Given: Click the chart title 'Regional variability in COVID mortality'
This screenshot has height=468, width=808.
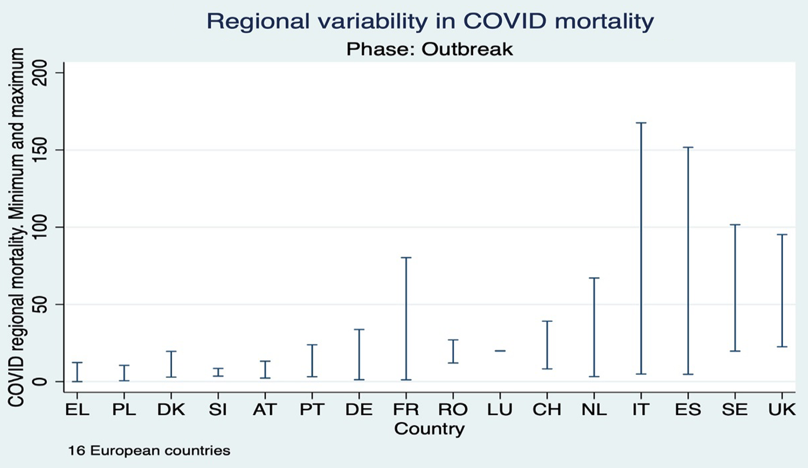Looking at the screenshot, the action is click(x=430, y=21).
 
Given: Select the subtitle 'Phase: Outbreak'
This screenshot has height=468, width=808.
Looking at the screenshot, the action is click(x=429, y=49).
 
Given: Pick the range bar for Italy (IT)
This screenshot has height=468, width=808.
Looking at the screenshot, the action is click(x=641, y=248).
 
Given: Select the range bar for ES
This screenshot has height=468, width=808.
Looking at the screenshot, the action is click(x=688, y=261).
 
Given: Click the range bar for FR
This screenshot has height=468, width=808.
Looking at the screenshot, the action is click(x=406, y=318).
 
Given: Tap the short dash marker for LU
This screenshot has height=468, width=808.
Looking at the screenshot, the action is click(x=500, y=351).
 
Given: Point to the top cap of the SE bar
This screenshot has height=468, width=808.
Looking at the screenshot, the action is click(x=735, y=225).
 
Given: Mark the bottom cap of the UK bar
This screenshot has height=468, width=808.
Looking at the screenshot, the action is click(x=782, y=346).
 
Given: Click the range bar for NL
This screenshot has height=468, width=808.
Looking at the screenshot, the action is click(x=594, y=327).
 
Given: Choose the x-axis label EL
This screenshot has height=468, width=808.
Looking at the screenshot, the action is click(x=77, y=410).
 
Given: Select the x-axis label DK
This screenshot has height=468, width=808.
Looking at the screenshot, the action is click(x=171, y=410).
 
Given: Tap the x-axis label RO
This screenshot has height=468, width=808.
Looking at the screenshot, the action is click(x=453, y=410).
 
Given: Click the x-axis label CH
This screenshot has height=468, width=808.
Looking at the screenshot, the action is click(x=547, y=410).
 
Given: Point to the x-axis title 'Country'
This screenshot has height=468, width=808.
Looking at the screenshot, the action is click(x=429, y=429).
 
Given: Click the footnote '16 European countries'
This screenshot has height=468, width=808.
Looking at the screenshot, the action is click(x=149, y=451).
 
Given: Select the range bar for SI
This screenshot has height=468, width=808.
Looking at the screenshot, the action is click(x=218, y=372).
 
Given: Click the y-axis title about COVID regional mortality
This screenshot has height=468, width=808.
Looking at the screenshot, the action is click(x=16, y=227).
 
